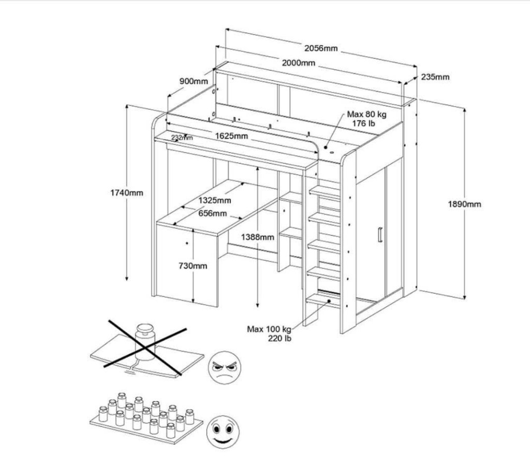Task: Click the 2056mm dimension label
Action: (x=321, y=48)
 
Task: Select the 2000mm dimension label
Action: (x=299, y=63)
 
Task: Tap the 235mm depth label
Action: (x=435, y=77)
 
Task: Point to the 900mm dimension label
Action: (x=194, y=81)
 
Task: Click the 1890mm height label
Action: (x=464, y=204)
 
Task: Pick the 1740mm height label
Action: (x=127, y=193)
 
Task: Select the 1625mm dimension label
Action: (x=231, y=136)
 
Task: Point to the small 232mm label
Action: (x=182, y=138)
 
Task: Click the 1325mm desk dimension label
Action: (x=215, y=200)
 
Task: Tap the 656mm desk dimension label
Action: (x=213, y=213)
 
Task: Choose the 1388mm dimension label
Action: (x=258, y=237)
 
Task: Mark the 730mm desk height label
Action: (x=193, y=266)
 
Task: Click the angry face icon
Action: (x=224, y=367)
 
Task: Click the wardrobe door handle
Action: (x=380, y=235)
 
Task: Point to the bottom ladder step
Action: (x=323, y=300)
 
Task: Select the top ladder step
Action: (x=325, y=192)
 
